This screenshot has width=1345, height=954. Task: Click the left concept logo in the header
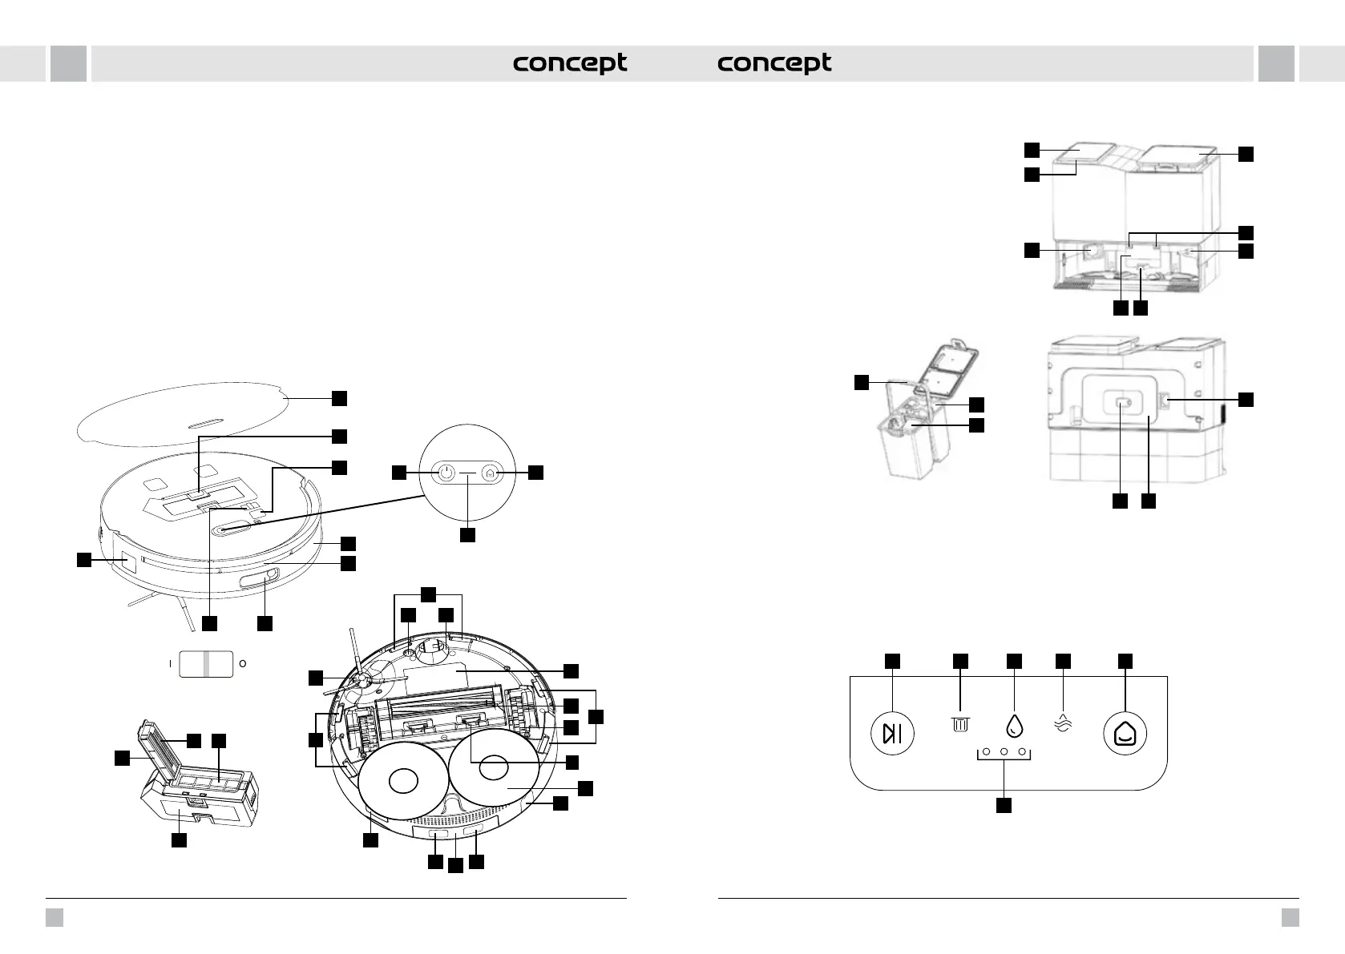570,63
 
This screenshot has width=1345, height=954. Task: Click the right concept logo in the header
774,63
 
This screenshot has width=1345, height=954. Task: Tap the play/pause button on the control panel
892,733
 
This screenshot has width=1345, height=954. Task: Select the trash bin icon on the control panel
960,725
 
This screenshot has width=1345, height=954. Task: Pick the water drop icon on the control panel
1014,726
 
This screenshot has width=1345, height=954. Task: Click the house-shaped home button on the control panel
1125,733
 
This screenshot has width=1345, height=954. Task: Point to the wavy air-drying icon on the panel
1063,724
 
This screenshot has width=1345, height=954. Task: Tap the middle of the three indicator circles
1004,751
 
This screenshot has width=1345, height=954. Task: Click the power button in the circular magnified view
445,473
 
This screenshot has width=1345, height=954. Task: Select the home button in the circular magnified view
491,473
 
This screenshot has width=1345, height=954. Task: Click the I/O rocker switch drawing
206,663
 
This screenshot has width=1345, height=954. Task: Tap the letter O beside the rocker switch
243,663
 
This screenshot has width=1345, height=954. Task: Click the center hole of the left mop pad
403,781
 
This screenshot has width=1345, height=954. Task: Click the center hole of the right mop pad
495,768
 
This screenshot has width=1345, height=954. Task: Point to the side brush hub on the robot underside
361,680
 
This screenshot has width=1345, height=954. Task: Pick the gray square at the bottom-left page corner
54,917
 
